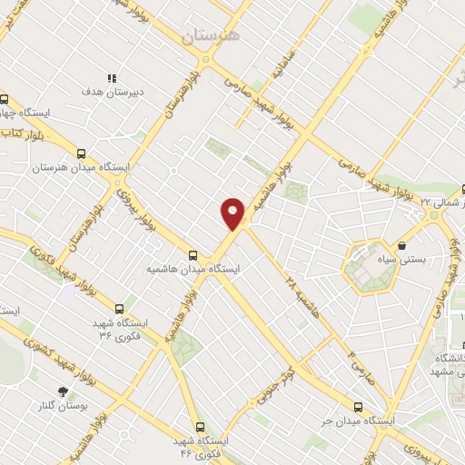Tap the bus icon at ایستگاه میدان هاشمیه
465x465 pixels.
pos(192,256)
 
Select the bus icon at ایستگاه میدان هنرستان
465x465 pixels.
pos(82,153)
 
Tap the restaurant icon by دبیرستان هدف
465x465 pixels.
pos(112,78)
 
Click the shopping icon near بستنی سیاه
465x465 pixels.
pos(401,245)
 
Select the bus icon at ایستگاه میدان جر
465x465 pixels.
pos(358,408)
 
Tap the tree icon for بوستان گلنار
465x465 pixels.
pos(62,391)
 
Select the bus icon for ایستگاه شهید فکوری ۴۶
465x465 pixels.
pos(200,426)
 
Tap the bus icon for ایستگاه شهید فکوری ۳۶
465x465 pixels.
pos(120,309)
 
